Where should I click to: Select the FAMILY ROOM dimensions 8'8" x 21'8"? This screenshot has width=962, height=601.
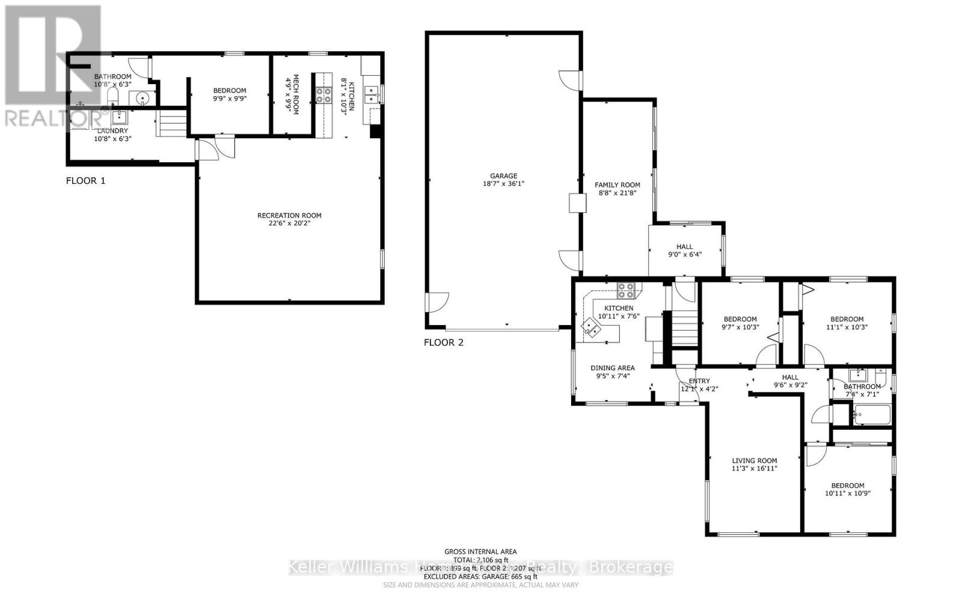(617, 193)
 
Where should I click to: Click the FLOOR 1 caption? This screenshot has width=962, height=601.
(85, 180)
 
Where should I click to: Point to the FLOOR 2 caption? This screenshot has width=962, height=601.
(444, 343)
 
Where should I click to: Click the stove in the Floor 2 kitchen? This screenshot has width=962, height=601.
(625, 291)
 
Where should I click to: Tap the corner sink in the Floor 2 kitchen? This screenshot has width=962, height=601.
(590, 328)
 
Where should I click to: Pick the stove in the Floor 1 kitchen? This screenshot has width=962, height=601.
(324, 95)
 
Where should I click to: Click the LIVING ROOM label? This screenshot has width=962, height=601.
(754, 461)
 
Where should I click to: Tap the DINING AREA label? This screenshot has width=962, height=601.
(612, 368)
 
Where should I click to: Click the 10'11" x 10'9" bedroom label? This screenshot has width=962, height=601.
(848, 486)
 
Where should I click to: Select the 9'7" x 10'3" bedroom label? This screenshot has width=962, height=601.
(740, 319)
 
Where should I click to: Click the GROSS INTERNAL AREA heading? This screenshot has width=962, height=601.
(480, 551)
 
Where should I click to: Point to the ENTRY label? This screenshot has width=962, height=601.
(699, 381)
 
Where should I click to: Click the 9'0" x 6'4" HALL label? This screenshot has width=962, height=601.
(684, 246)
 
